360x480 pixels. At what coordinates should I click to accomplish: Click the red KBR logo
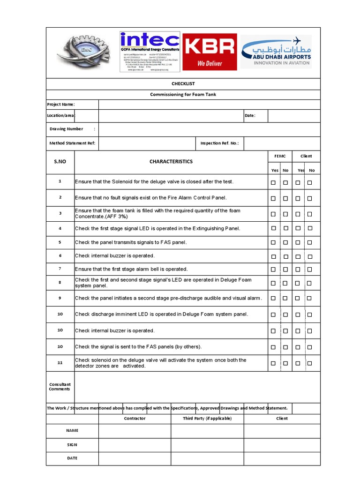[209, 52]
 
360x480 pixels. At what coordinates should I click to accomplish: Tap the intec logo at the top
[150, 52]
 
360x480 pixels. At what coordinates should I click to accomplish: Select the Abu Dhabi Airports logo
[276, 52]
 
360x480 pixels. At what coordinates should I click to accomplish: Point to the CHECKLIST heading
[183, 84]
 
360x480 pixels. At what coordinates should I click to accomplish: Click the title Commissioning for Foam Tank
[183, 95]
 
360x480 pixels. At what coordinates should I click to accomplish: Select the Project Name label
[61, 105]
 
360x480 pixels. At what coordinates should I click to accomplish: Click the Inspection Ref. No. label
[219, 143]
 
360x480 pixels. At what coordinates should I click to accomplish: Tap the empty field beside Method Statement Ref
[147, 143]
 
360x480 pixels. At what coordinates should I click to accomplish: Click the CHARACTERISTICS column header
[171, 162]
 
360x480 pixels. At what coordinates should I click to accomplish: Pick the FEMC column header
[280, 156]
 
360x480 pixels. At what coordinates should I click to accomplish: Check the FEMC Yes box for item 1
[273, 182]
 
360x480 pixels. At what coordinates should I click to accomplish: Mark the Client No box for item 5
[309, 243]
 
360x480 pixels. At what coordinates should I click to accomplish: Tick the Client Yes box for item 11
[298, 363]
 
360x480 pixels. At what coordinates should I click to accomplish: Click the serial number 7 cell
[60, 269]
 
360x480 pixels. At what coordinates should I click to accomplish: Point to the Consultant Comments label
[60, 387]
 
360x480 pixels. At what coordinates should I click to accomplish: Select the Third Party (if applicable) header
[207, 419]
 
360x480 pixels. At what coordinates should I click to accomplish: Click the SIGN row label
[72, 445]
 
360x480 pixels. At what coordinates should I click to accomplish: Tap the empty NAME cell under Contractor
[135, 431]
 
